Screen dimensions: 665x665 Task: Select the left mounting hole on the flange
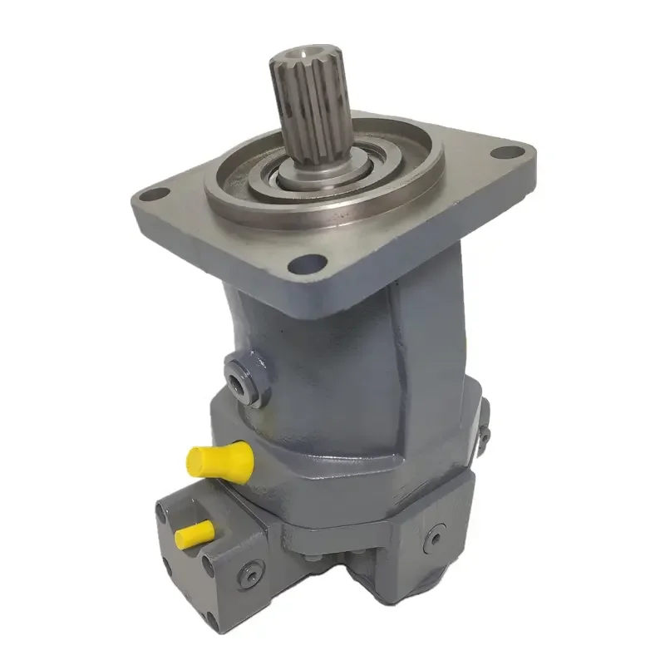[x=150, y=195]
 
